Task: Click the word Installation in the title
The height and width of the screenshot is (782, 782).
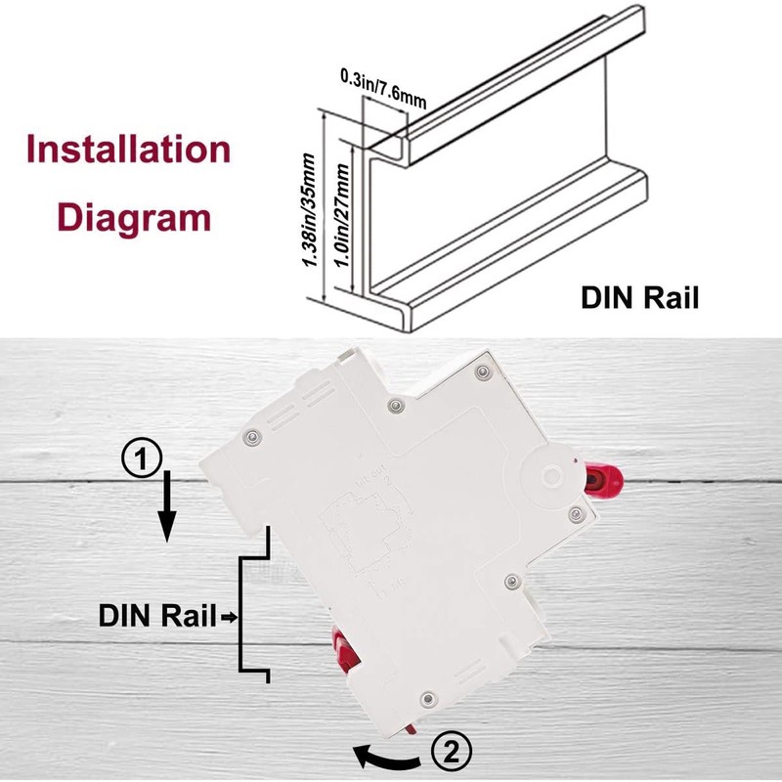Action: coord(129,150)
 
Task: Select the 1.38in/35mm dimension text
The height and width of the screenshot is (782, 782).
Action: coord(311,211)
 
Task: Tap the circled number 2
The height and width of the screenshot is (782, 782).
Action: coord(451,753)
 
